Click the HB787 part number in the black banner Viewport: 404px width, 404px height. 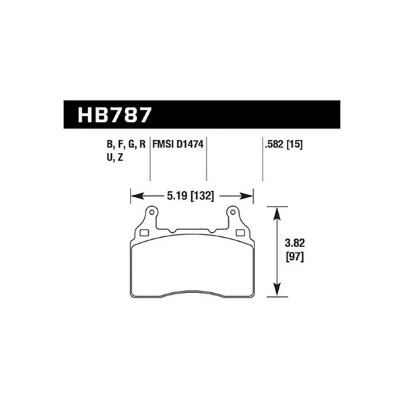click(114, 115)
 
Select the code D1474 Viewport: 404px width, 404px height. click(190, 144)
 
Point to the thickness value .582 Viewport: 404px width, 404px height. click(274, 145)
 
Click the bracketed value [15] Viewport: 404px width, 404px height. click(294, 145)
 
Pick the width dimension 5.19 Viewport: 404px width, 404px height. click(177, 196)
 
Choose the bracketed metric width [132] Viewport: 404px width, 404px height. click(203, 196)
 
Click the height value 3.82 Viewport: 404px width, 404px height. click(295, 243)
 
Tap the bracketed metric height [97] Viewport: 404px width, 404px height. click(295, 257)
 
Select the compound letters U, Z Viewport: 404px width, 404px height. click(115, 157)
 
